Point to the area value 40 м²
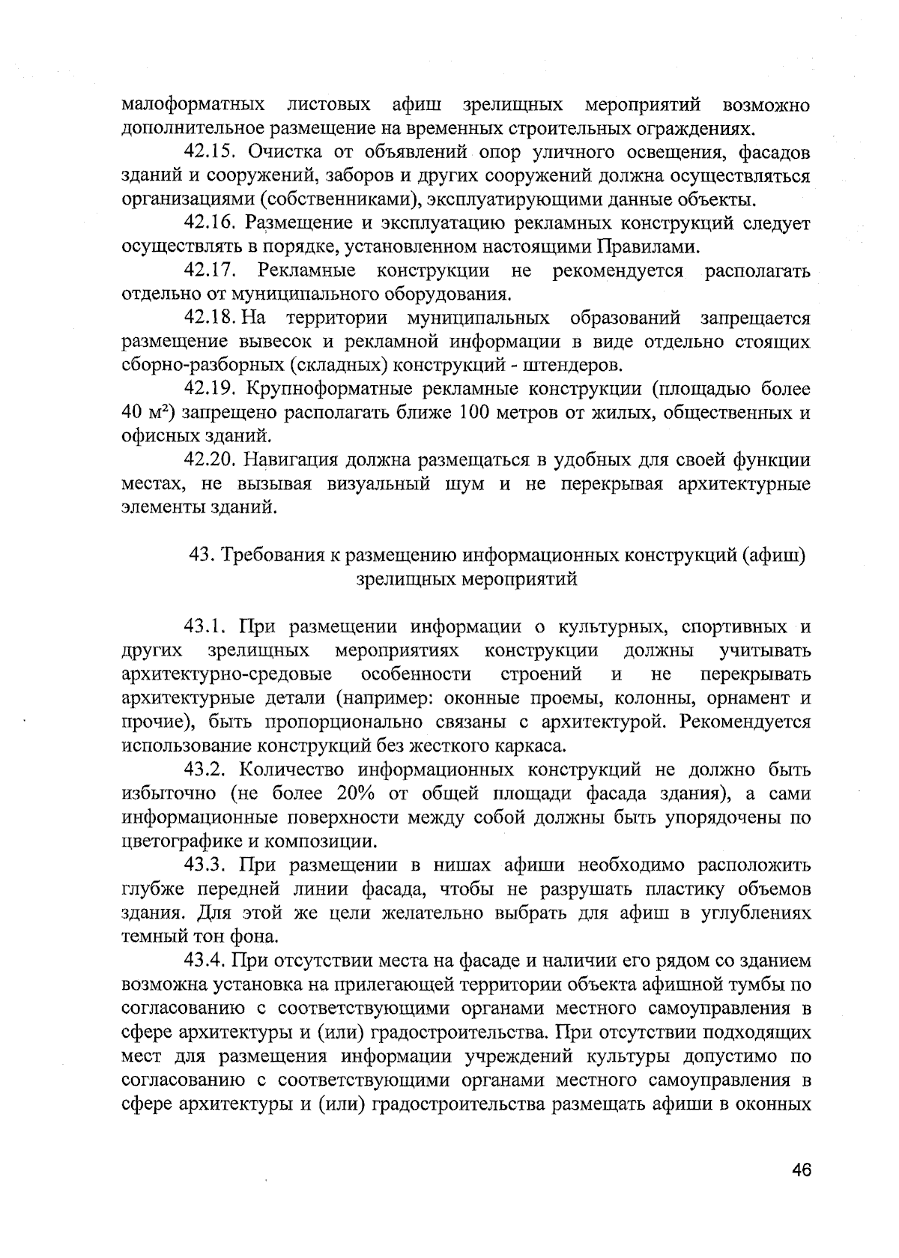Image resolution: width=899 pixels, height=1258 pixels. coord(147,414)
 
